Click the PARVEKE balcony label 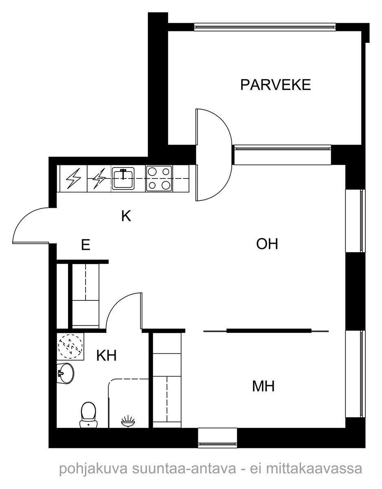point(275,85)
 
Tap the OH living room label point(267,244)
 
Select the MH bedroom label point(263,386)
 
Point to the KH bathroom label point(107,356)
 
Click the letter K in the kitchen point(126,216)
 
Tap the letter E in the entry point(85,245)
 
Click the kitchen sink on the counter point(123,178)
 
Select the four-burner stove point(159,178)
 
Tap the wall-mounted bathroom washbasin point(65,373)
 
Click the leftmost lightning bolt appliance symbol point(73,178)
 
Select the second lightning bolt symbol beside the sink point(99,178)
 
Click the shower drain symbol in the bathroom point(128,421)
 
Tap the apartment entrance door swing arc point(29,224)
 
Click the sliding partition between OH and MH point(267,330)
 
